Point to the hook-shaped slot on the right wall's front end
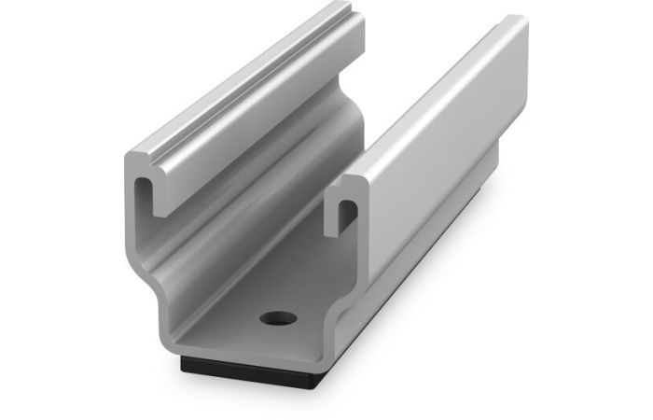[x=343, y=213]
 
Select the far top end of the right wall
[x=518, y=23]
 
